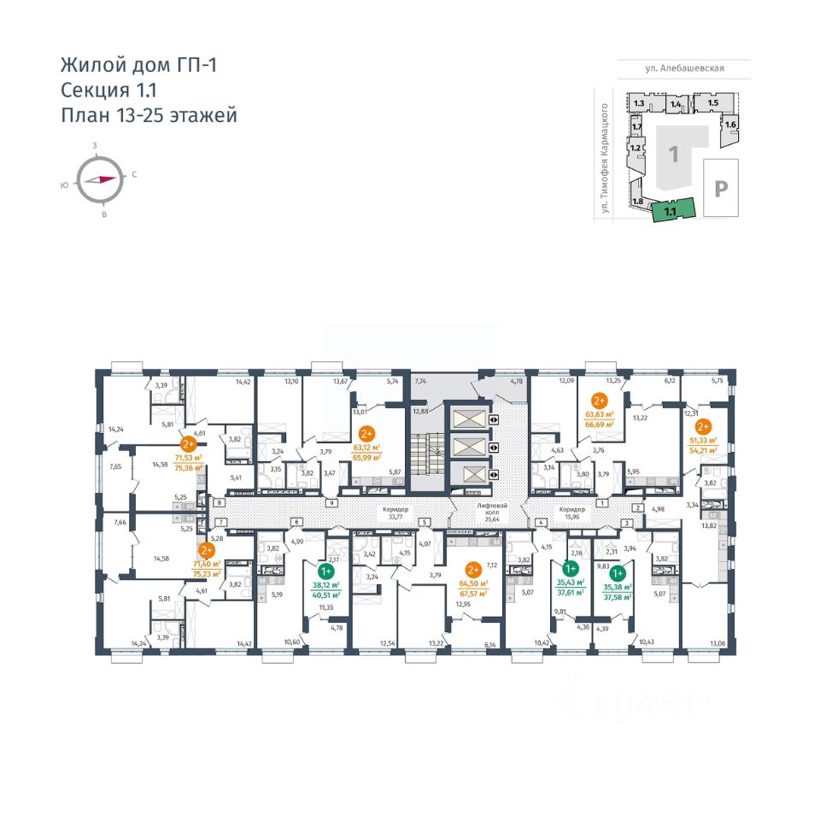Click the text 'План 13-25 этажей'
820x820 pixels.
148,115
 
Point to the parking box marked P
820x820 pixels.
720,188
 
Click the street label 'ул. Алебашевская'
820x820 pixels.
685,69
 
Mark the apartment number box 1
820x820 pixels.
602,503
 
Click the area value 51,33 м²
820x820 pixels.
703,439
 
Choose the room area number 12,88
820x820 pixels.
419,411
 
